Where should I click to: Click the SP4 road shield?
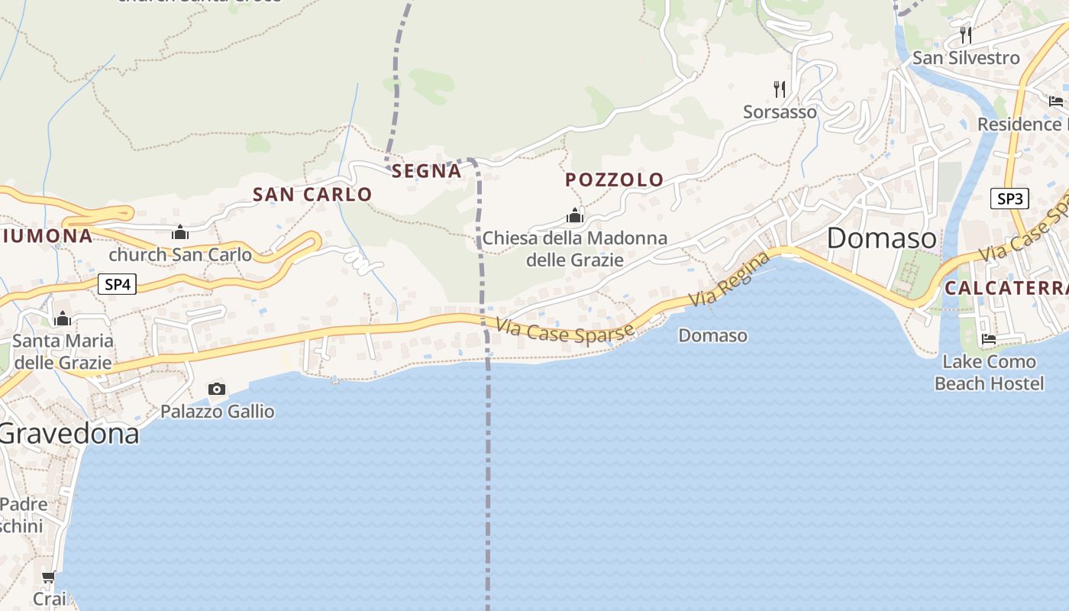(118, 285)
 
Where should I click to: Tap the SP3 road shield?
(1009, 199)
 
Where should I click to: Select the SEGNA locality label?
(427, 171)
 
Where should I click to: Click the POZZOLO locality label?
(615, 180)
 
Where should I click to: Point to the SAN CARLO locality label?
(312, 195)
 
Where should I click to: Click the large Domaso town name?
(882, 238)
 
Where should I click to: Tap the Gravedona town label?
(69, 434)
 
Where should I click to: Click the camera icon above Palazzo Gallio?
(217, 390)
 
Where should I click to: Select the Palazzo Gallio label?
(218, 412)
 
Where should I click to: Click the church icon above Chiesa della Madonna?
(575, 216)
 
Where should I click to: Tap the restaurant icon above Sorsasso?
(780, 89)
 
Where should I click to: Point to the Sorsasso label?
(780, 112)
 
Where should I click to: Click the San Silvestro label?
(966, 58)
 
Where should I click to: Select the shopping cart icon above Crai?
(49, 578)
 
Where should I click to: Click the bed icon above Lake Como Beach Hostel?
(989, 339)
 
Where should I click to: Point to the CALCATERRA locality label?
(1006, 289)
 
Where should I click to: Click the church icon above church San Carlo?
(180, 232)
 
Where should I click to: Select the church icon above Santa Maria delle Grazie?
(63, 318)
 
